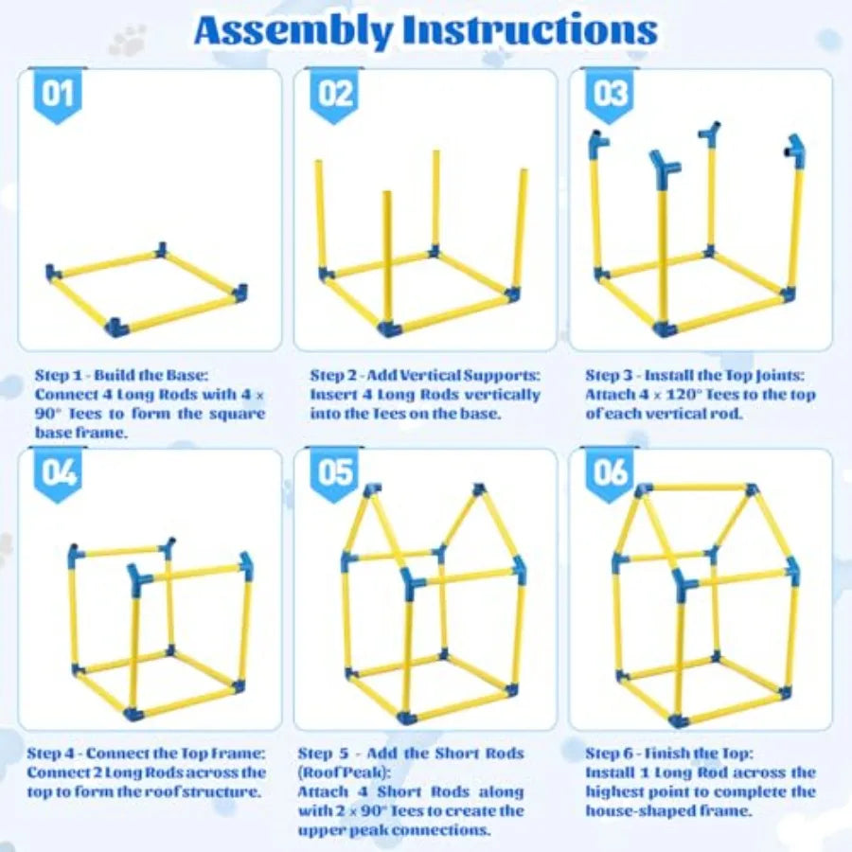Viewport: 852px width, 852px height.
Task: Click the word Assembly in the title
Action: (293, 31)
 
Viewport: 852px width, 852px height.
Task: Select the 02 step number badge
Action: (334, 96)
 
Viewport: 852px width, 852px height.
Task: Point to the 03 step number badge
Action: (611, 96)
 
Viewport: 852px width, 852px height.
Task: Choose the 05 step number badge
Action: (334, 470)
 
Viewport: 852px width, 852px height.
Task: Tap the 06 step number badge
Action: (611, 470)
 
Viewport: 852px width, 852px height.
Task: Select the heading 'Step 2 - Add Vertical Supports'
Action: (423, 375)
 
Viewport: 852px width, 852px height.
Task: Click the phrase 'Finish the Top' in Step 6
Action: (710, 754)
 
